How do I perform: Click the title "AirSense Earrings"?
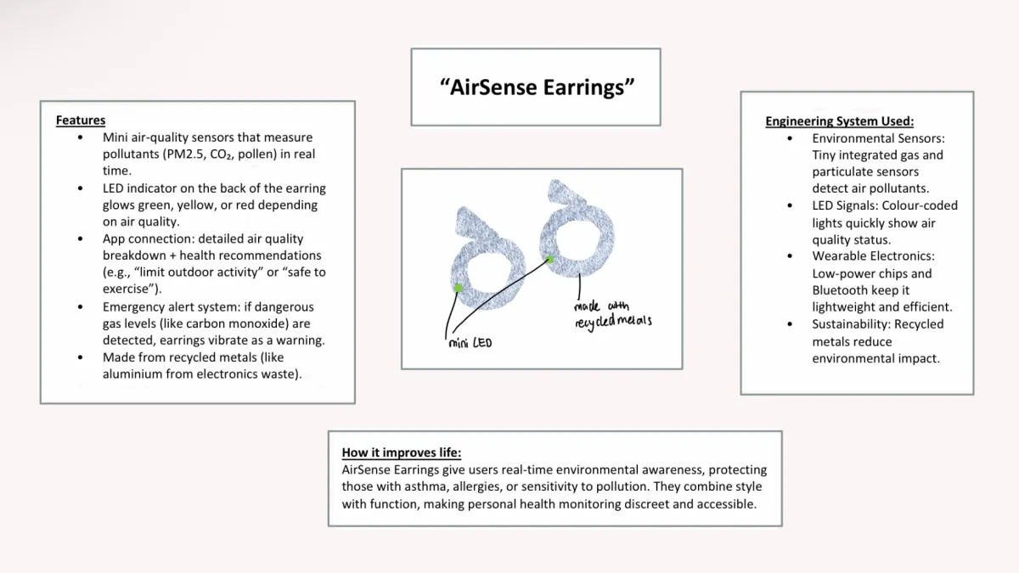(537, 87)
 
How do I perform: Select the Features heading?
(81, 121)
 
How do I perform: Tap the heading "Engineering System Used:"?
(839, 121)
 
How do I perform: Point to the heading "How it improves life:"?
(401, 452)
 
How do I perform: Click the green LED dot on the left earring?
(459, 289)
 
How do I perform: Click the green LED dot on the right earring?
(549, 260)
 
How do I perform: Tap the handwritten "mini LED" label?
(470, 343)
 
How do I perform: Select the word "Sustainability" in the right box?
(851, 324)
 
